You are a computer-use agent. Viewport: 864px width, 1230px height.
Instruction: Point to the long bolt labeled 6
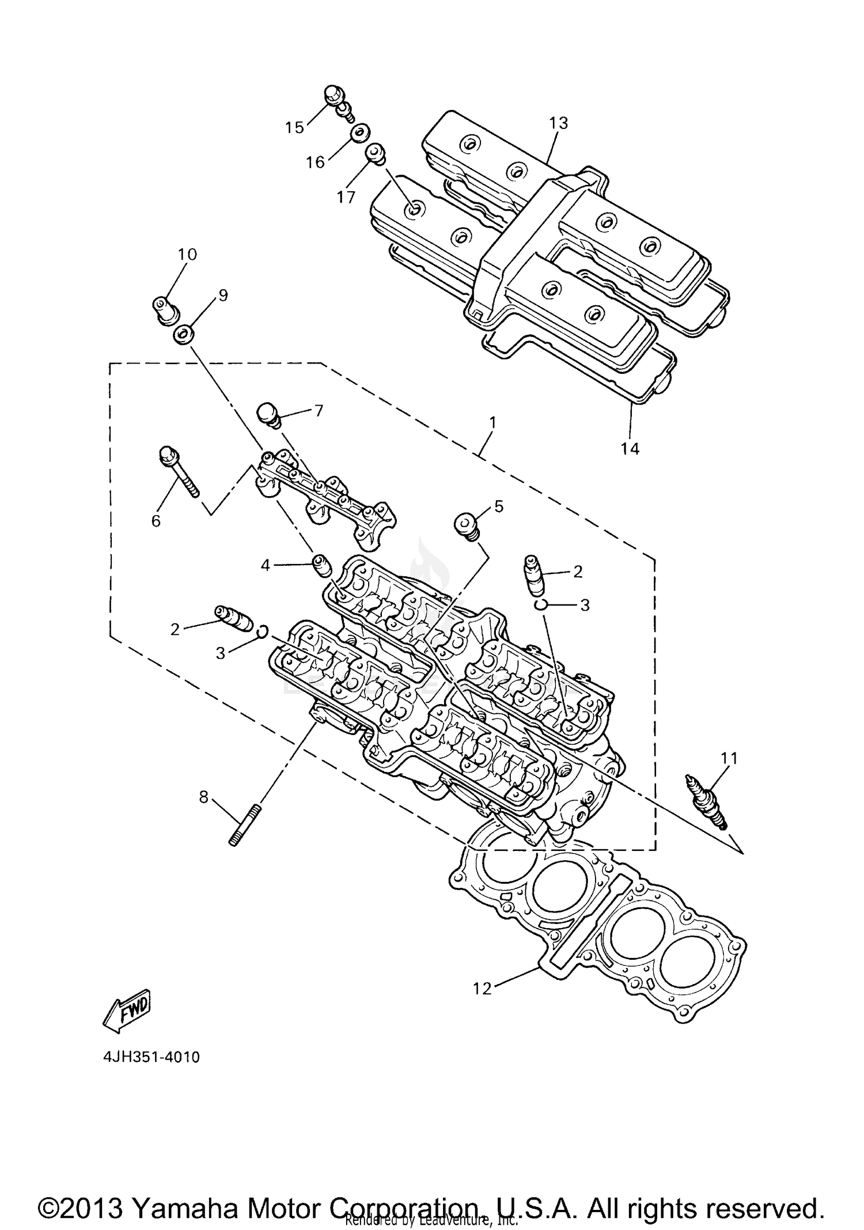tap(179, 472)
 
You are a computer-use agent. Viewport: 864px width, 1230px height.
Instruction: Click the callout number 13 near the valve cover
tap(558, 123)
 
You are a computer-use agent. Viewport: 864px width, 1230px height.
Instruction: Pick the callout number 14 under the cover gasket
tap(630, 448)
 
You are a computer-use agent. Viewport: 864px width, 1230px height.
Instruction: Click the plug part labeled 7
tap(269, 415)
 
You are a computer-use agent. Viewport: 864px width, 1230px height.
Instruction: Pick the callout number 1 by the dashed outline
tap(492, 422)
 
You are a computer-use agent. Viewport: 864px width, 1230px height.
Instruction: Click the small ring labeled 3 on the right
tap(540, 604)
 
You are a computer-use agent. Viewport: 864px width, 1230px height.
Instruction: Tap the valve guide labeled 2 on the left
tap(233, 618)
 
